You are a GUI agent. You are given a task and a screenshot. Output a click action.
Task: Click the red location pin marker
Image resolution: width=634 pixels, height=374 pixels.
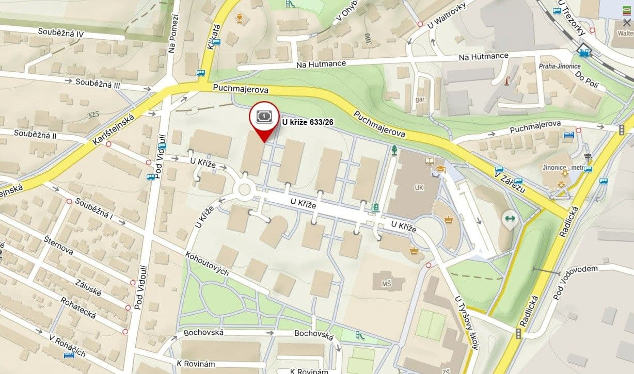point(264,120)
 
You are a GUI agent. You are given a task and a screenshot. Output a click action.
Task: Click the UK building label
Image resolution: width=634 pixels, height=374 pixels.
point(419,188)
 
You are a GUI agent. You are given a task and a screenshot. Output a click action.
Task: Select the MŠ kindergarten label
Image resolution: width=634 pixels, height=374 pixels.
point(386,284)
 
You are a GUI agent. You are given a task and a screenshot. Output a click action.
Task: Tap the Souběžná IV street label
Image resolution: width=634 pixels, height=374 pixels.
point(61,32)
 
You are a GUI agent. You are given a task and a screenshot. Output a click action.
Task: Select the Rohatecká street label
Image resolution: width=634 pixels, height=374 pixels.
point(78,307)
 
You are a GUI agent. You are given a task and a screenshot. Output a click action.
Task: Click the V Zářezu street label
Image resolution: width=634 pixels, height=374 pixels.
point(509,182)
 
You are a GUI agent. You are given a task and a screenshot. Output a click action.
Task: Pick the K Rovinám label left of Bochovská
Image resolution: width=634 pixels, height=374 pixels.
point(196,364)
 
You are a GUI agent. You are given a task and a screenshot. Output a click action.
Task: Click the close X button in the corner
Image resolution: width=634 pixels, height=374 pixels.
point(626,23)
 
